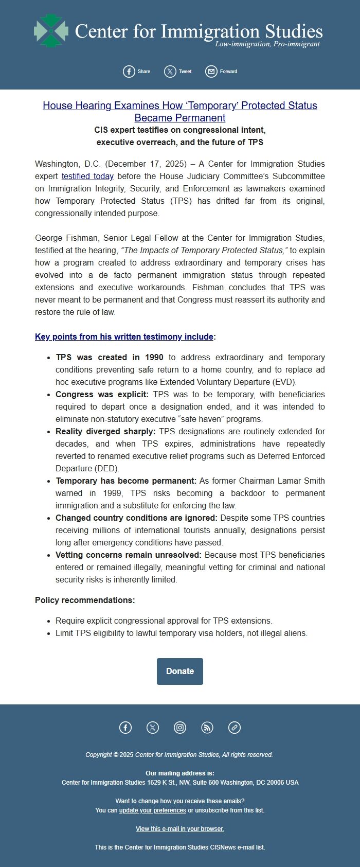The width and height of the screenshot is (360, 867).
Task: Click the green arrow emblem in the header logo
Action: (x=51, y=31)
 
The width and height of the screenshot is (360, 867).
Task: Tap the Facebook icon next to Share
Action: (x=129, y=72)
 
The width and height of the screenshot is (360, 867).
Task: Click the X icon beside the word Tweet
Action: (x=170, y=72)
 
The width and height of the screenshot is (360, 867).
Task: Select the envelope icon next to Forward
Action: (x=211, y=72)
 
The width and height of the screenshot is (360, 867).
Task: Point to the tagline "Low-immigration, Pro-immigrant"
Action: (x=267, y=44)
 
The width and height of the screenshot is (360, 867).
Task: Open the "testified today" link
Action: (x=87, y=176)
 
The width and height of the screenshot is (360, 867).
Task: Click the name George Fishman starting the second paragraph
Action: (x=66, y=238)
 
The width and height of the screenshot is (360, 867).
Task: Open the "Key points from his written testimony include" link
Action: (x=124, y=337)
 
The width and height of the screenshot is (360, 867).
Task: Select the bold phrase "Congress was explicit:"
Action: (x=102, y=394)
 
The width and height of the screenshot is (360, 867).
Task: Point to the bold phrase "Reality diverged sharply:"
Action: (x=105, y=431)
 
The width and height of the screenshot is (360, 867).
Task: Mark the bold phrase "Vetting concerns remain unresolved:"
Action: (x=129, y=555)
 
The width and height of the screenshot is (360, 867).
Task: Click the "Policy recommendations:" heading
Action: (x=85, y=600)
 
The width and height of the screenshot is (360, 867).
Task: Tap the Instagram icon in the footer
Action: (x=180, y=727)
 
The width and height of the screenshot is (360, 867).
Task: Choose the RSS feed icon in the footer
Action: (x=207, y=727)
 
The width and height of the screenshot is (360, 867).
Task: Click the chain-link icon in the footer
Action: (x=235, y=727)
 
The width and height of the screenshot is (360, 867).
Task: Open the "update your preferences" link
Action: (x=152, y=810)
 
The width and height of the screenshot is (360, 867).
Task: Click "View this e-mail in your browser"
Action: (x=180, y=828)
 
